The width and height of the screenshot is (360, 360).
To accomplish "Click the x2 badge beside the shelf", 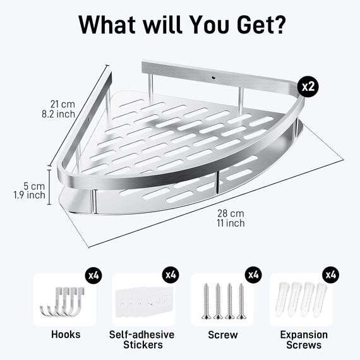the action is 308,87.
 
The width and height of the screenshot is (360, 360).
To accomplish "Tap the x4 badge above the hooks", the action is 93,275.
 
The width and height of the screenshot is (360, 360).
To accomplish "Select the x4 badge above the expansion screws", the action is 330,275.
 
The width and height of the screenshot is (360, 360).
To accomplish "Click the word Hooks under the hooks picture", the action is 66,334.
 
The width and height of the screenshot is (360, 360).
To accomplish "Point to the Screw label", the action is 223,335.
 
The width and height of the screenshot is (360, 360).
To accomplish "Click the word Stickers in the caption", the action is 143,345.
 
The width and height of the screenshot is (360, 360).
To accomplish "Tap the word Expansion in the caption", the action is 304,335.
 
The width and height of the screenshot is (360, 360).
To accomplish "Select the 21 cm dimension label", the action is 63,104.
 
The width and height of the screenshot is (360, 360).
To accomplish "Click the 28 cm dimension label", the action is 231,213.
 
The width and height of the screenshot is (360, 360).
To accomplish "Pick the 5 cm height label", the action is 34,186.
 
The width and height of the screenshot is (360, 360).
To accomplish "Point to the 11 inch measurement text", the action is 231,223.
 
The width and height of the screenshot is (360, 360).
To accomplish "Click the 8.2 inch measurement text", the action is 58,114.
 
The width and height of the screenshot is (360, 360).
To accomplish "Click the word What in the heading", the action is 107,25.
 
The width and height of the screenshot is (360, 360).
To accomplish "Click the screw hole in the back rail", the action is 214,78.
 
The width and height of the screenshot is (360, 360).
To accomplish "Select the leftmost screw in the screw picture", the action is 206,301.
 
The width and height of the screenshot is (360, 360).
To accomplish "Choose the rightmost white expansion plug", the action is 320,299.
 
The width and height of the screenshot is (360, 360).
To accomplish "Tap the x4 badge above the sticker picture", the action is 171,275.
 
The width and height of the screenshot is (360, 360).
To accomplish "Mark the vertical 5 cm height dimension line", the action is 49,187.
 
